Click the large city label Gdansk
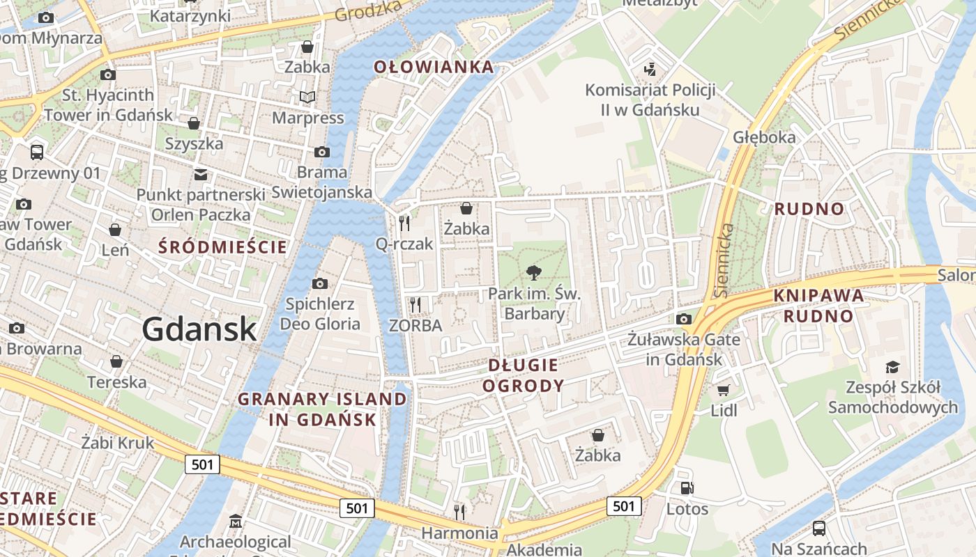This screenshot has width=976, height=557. tap(199, 329)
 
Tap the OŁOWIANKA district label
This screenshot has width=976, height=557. tap(434, 67)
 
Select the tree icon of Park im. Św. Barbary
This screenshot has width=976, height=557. tap(534, 272)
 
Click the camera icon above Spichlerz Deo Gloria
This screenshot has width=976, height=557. tap(320, 283)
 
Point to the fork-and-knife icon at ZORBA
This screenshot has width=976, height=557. tap(415, 304)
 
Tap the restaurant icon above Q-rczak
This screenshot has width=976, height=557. tap(404, 223)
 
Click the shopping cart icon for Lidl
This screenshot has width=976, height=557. tap(724, 390)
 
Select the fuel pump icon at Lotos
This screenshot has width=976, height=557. tap(687, 488)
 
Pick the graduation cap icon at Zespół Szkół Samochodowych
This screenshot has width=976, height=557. tap(892, 367)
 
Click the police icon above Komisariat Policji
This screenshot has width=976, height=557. tap(650, 68)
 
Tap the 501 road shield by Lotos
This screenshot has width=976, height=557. tap(623, 505)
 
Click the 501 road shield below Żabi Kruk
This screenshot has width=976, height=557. tap(202, 464)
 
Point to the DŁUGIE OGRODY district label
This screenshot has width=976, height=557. tap(524, 375)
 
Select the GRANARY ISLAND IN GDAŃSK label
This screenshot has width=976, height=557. tap(322, 409)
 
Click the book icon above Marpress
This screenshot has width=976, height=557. tap(307, 97)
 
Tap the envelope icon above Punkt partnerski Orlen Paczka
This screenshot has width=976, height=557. tap(201, 174)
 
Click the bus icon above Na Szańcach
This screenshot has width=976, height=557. tap(819, 528)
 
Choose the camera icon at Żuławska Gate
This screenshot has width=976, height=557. tap(684, 319)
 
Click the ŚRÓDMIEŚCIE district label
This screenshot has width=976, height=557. tap(222, 247)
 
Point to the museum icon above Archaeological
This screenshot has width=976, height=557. tap(236, 521)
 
